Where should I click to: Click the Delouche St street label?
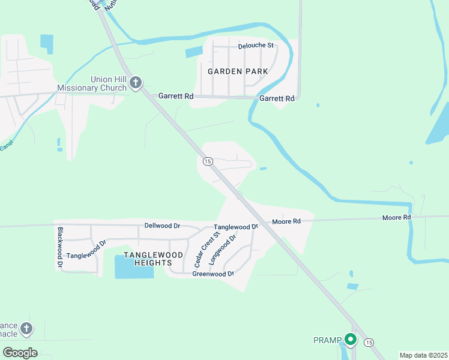point(255,45)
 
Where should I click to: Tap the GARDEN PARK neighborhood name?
point(238,71)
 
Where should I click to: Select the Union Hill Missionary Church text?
point(92,83)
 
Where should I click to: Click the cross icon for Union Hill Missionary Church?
point(136,83)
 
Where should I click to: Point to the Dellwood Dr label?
point(162,226)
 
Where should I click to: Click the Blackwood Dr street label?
point(60,247)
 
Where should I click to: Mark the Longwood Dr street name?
point(223,250)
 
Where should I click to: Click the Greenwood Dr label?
point(212,274)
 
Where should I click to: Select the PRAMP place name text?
point(327,340)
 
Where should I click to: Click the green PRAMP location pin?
point(350,340)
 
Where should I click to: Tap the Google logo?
point(20,352)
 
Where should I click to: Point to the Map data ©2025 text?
point(423,355)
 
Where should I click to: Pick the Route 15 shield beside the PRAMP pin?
point(369,341)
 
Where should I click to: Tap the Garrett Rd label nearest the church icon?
point(175,96)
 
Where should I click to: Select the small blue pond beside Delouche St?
point(194,52)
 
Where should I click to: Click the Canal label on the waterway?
point(6,146)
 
